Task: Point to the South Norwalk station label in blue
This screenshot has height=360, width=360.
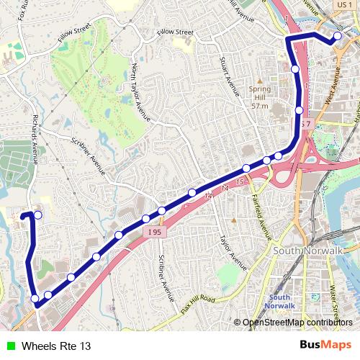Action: click(281, 301)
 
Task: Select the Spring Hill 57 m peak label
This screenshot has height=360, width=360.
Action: click(260, 93)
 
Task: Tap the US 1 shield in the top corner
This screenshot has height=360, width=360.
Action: click(343, 5)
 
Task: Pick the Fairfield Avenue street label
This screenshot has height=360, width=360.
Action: click(265, 216)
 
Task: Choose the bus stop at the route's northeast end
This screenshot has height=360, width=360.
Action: click(337, 37)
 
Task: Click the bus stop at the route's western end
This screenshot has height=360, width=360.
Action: click(37, 215)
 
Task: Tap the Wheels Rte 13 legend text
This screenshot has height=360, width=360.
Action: click(56, 346)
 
